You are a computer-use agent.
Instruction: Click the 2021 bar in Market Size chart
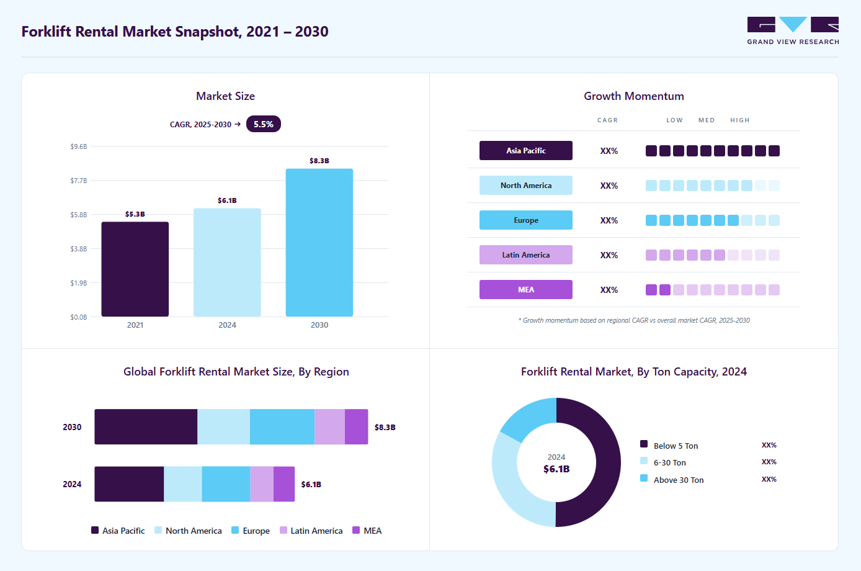pyautogui.click(x=135, y=269)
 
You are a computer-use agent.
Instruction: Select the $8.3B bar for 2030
pyautogui.click(x=319, y=243)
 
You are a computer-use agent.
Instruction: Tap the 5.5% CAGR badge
pyautogui.click(x=263, y=124)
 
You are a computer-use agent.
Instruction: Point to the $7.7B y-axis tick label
pyautogui.click(x=78, y=181)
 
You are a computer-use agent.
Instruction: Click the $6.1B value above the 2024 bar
pyautogui.click(x=227, y=200)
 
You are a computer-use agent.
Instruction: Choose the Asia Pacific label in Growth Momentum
pyautogui.click(x=526, y=151)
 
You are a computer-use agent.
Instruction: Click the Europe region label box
pyautogui.click(x=526, y=220)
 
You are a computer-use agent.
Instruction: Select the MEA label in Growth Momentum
pyautogui.click(x=526, y=290)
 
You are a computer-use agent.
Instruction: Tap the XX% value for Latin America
pyautogui.click(x=609, y=255)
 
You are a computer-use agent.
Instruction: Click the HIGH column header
pyautogui.click(x=740, y=120)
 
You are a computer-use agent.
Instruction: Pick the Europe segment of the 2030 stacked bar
pyautogui.click(x=282, y=427)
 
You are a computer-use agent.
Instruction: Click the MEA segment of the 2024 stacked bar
pyautogui.click(x=284, y=484)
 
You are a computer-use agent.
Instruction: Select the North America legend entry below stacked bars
pyautogui.click(x=188, y=531)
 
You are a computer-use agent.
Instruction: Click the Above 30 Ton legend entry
pyautogui.click(x=672, y=480)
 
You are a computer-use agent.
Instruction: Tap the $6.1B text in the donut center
pyautogui.click(x=556, y=469)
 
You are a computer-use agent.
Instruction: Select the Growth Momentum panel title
pyautogui.click(x=634, y=96)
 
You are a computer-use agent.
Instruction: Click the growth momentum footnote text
pyautogui.click(x=634, y=320)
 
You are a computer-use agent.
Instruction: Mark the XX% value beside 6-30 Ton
pyautogui.click(x=769, y=462)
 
